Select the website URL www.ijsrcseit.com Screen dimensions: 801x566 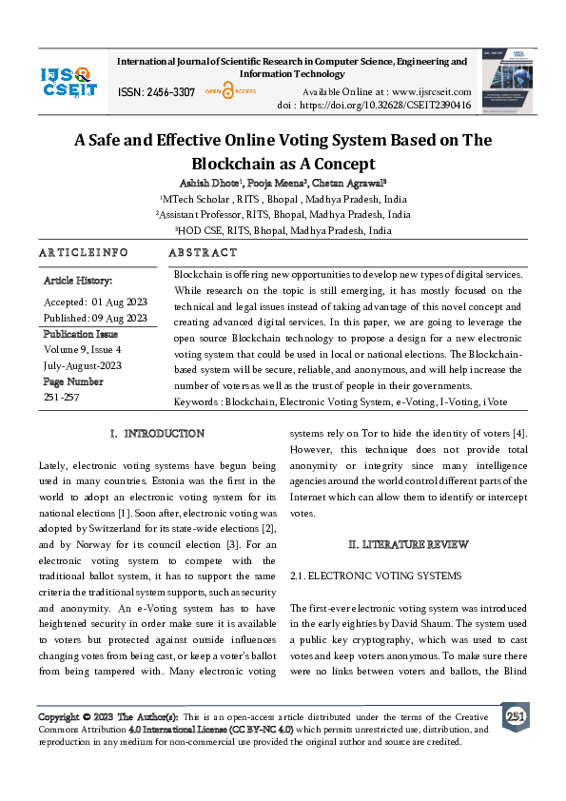(419, 91)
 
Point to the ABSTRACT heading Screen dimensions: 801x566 (203, 253)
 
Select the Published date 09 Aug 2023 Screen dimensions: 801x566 (95, 318)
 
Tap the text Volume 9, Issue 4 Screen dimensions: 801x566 (82, 348)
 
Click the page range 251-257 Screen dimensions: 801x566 (63, 396)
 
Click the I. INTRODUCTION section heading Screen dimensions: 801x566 (157, 434)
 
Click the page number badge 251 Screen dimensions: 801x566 (515, 716)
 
